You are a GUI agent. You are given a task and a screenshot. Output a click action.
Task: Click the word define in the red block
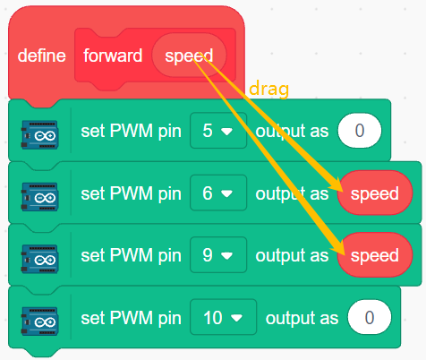click(41, 56)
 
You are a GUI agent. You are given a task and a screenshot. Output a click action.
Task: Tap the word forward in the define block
click(113, 56)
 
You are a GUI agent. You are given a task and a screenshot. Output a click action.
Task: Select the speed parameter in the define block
click(189, 56)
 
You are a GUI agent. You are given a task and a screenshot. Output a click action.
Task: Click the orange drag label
click(268, 89)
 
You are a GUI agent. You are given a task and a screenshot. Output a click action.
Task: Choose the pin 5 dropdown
click(218, 131)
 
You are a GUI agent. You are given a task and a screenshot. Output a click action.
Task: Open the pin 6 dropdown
click(218, 193)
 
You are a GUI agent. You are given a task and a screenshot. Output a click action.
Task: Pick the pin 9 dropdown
click(218, 255)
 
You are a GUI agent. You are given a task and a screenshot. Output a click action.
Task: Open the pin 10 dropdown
click(223, 317)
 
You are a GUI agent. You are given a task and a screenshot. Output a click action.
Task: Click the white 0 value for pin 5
click(360, 131)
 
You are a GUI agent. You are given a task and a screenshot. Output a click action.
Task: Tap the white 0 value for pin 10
click(370, 317)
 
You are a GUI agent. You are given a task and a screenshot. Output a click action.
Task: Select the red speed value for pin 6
click(375, 193)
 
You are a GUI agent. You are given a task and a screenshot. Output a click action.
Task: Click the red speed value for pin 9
click(375, 255)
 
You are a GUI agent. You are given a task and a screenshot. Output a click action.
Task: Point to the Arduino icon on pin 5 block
click(39, 134)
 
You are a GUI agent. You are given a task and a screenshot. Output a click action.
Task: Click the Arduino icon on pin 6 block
click(39, 197)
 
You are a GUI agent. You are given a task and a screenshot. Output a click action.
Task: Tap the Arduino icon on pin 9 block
click(39, 259)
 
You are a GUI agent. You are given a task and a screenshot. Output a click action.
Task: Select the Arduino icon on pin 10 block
click(39, 321)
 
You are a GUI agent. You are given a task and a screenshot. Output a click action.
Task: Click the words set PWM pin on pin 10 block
click(131, 318)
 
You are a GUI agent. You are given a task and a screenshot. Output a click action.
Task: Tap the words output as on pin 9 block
click(292, 256)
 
